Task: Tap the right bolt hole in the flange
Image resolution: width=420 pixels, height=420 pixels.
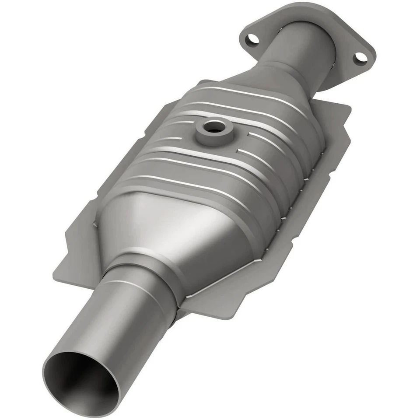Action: click(360, 57)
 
